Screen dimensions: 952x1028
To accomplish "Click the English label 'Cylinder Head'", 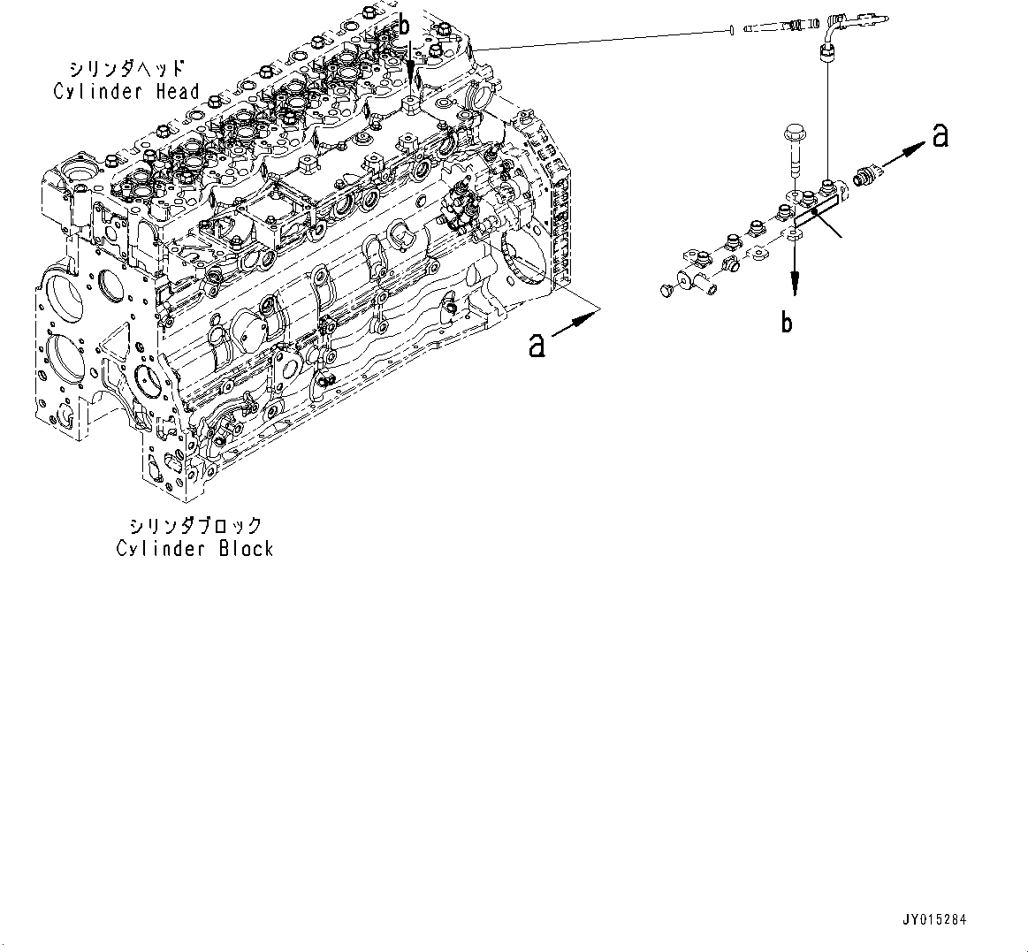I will [x=126, y=91].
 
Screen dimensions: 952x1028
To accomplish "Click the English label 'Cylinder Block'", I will [x=194, y=548].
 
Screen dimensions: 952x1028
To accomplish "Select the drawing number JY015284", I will [x=935, y=920].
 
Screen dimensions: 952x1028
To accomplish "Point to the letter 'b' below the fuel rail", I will [x=787, y=323].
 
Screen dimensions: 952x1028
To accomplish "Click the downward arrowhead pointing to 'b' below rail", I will [x=796, y=283].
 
